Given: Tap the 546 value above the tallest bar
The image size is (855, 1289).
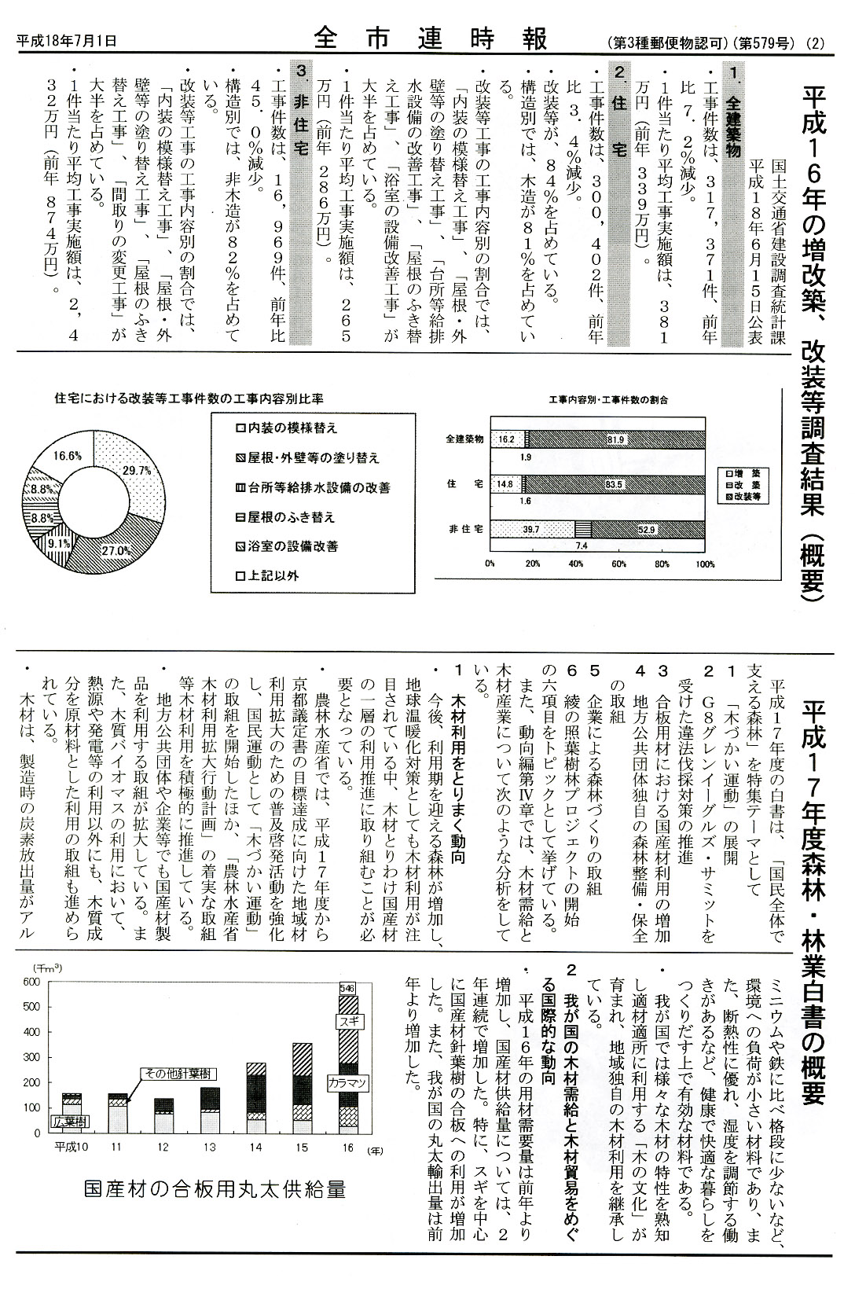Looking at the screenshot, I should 347,987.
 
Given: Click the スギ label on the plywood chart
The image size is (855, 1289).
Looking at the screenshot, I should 347,1022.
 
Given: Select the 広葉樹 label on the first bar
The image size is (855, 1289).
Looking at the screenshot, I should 70,1119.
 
